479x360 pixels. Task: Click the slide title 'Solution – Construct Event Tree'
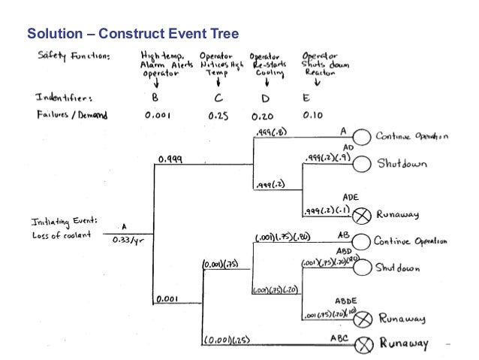click(133, 34)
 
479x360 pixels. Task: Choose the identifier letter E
click(307, 98)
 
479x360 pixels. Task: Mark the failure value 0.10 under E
click(312, 116)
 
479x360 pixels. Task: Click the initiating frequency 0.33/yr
click(124, 241)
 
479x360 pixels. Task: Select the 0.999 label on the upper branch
click(172, 159)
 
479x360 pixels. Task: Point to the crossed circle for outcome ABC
click(363, 346)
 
